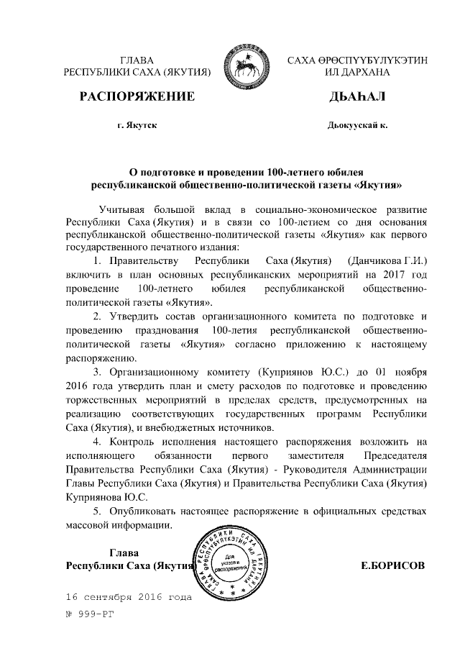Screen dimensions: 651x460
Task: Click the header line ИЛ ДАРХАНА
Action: pyautogui.click(x=357, y=73)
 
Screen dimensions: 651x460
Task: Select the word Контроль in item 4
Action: pyautogui.click(x=133, y=441)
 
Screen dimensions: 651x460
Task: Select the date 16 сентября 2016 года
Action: pyautogui.click(x=129, y=597)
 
